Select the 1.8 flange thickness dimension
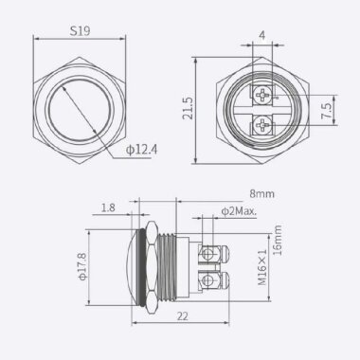pos(107,206)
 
